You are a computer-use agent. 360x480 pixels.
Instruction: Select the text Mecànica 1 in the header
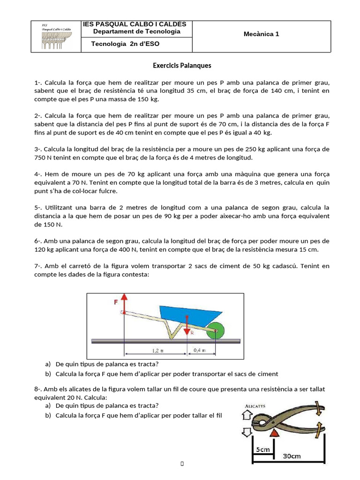261,34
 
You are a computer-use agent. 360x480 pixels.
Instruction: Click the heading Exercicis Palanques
182,66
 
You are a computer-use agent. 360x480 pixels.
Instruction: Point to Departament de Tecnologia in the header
136,31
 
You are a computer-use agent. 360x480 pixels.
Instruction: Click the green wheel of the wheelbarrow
215,330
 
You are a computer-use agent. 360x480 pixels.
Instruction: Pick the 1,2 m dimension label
158,350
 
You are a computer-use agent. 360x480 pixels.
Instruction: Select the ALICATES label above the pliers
255,406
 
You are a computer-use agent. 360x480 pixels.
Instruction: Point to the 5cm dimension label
262,449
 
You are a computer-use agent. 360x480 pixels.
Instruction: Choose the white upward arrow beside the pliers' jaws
247,415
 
